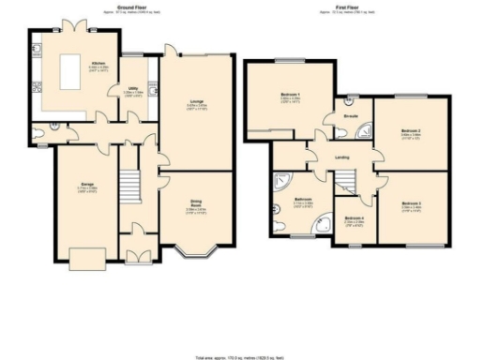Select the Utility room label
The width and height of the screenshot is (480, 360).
pos(133,90)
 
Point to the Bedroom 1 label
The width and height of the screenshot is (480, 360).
pos(291,95)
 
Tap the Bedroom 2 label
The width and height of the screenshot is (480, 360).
pos(410,130)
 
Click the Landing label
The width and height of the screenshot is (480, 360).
pos(342,157)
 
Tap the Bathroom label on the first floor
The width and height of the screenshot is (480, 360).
pos(303,199)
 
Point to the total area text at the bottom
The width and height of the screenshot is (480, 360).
pos(239,357)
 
